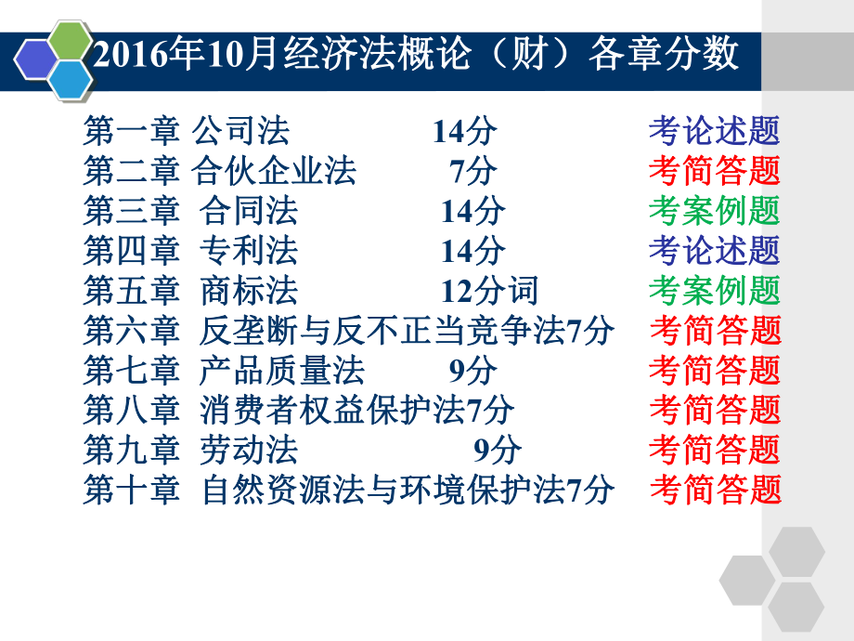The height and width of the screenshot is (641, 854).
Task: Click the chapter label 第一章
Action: click(x=130, y=132)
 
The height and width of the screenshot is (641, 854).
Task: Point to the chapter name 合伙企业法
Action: click(x=274, y=171)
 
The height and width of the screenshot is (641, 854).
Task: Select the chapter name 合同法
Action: click(x=249, y=211)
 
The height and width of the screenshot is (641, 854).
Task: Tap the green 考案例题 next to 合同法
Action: click(x=714, y=211)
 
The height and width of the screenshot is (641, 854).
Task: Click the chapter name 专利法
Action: click(x=249, y=251)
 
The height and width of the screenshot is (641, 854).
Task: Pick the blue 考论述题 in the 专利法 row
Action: click(x=714, y=251)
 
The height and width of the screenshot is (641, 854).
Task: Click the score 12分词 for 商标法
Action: click(x=489, y=291)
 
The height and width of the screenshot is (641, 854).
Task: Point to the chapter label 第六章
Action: click(x=130, y=331)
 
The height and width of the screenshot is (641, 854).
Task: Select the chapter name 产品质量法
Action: click(x=282, y=371)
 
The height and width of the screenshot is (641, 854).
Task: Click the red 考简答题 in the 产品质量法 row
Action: click(x=714, y=371)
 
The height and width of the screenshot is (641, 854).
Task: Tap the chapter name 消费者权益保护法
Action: click(x=332, y=410)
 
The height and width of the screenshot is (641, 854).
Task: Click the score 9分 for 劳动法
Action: click(x=498, y=450)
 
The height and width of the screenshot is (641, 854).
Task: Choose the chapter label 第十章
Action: click(x=130, y=490)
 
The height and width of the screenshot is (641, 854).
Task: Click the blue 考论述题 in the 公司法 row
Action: click(x=714, y=132)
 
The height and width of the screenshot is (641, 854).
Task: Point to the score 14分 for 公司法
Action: click(x=464, y=132)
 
